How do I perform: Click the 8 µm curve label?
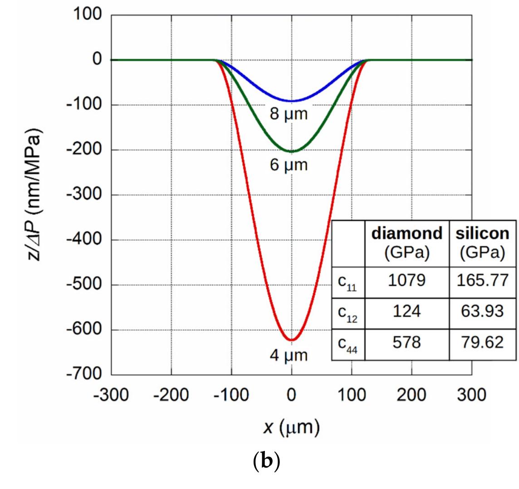pyautogui.click(x=289, y=114)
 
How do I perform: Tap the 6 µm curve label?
pyautogui.click(x=289, y=165)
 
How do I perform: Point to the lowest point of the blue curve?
pyautogui.click(x=292, y=101)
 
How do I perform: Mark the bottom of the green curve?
pyautogui.click(x=292, y=151)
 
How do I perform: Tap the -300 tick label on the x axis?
pyautogui.click(x=111, y=395)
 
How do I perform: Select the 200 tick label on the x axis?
pyautogui.click(x=411, y=395)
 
